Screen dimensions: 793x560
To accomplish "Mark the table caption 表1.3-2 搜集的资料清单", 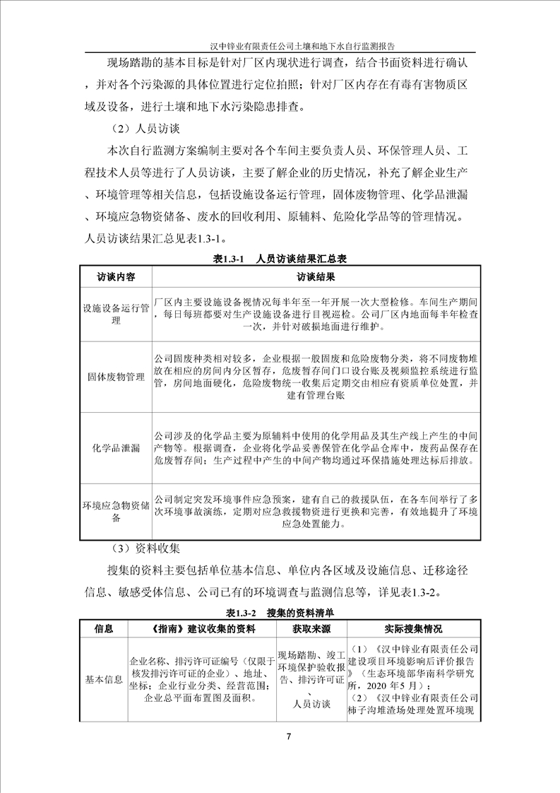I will point(280,611).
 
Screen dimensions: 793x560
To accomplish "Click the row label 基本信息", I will point(104,680).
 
